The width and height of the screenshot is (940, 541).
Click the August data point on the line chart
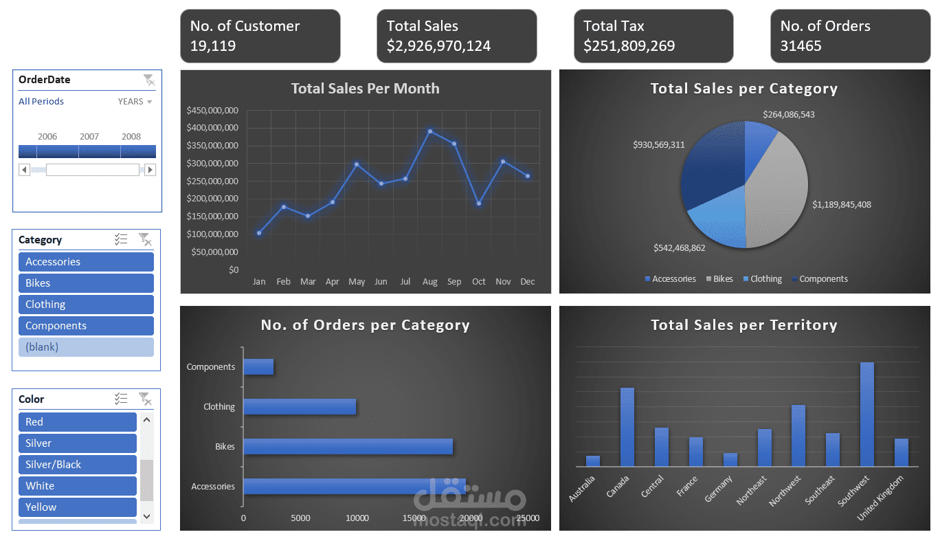[430, 131]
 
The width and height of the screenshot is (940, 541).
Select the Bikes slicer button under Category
[86, 283]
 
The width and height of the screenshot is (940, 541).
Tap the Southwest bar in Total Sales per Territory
[866, 415]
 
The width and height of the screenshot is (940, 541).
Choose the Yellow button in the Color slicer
[77, 507]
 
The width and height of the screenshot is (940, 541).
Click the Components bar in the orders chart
[258, 367]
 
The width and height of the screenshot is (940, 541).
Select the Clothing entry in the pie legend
[765, 279]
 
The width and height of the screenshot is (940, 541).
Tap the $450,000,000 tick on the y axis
[212, 110]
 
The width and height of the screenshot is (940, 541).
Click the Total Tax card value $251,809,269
[629, 46]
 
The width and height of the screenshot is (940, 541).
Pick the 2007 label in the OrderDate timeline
[89, 137]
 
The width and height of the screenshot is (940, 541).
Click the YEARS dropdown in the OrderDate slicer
[135, 102]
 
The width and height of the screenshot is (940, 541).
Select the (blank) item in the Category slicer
[86, 347]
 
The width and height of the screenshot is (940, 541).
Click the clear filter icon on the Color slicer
[145, 399]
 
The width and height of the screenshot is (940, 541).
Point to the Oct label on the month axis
[479, 282]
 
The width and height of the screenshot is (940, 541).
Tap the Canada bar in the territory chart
[627, 428]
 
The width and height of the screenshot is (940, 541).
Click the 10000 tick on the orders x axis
[357, 518]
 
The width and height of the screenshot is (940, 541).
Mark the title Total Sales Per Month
[365, 89]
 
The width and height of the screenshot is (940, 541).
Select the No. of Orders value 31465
[801, 46]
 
